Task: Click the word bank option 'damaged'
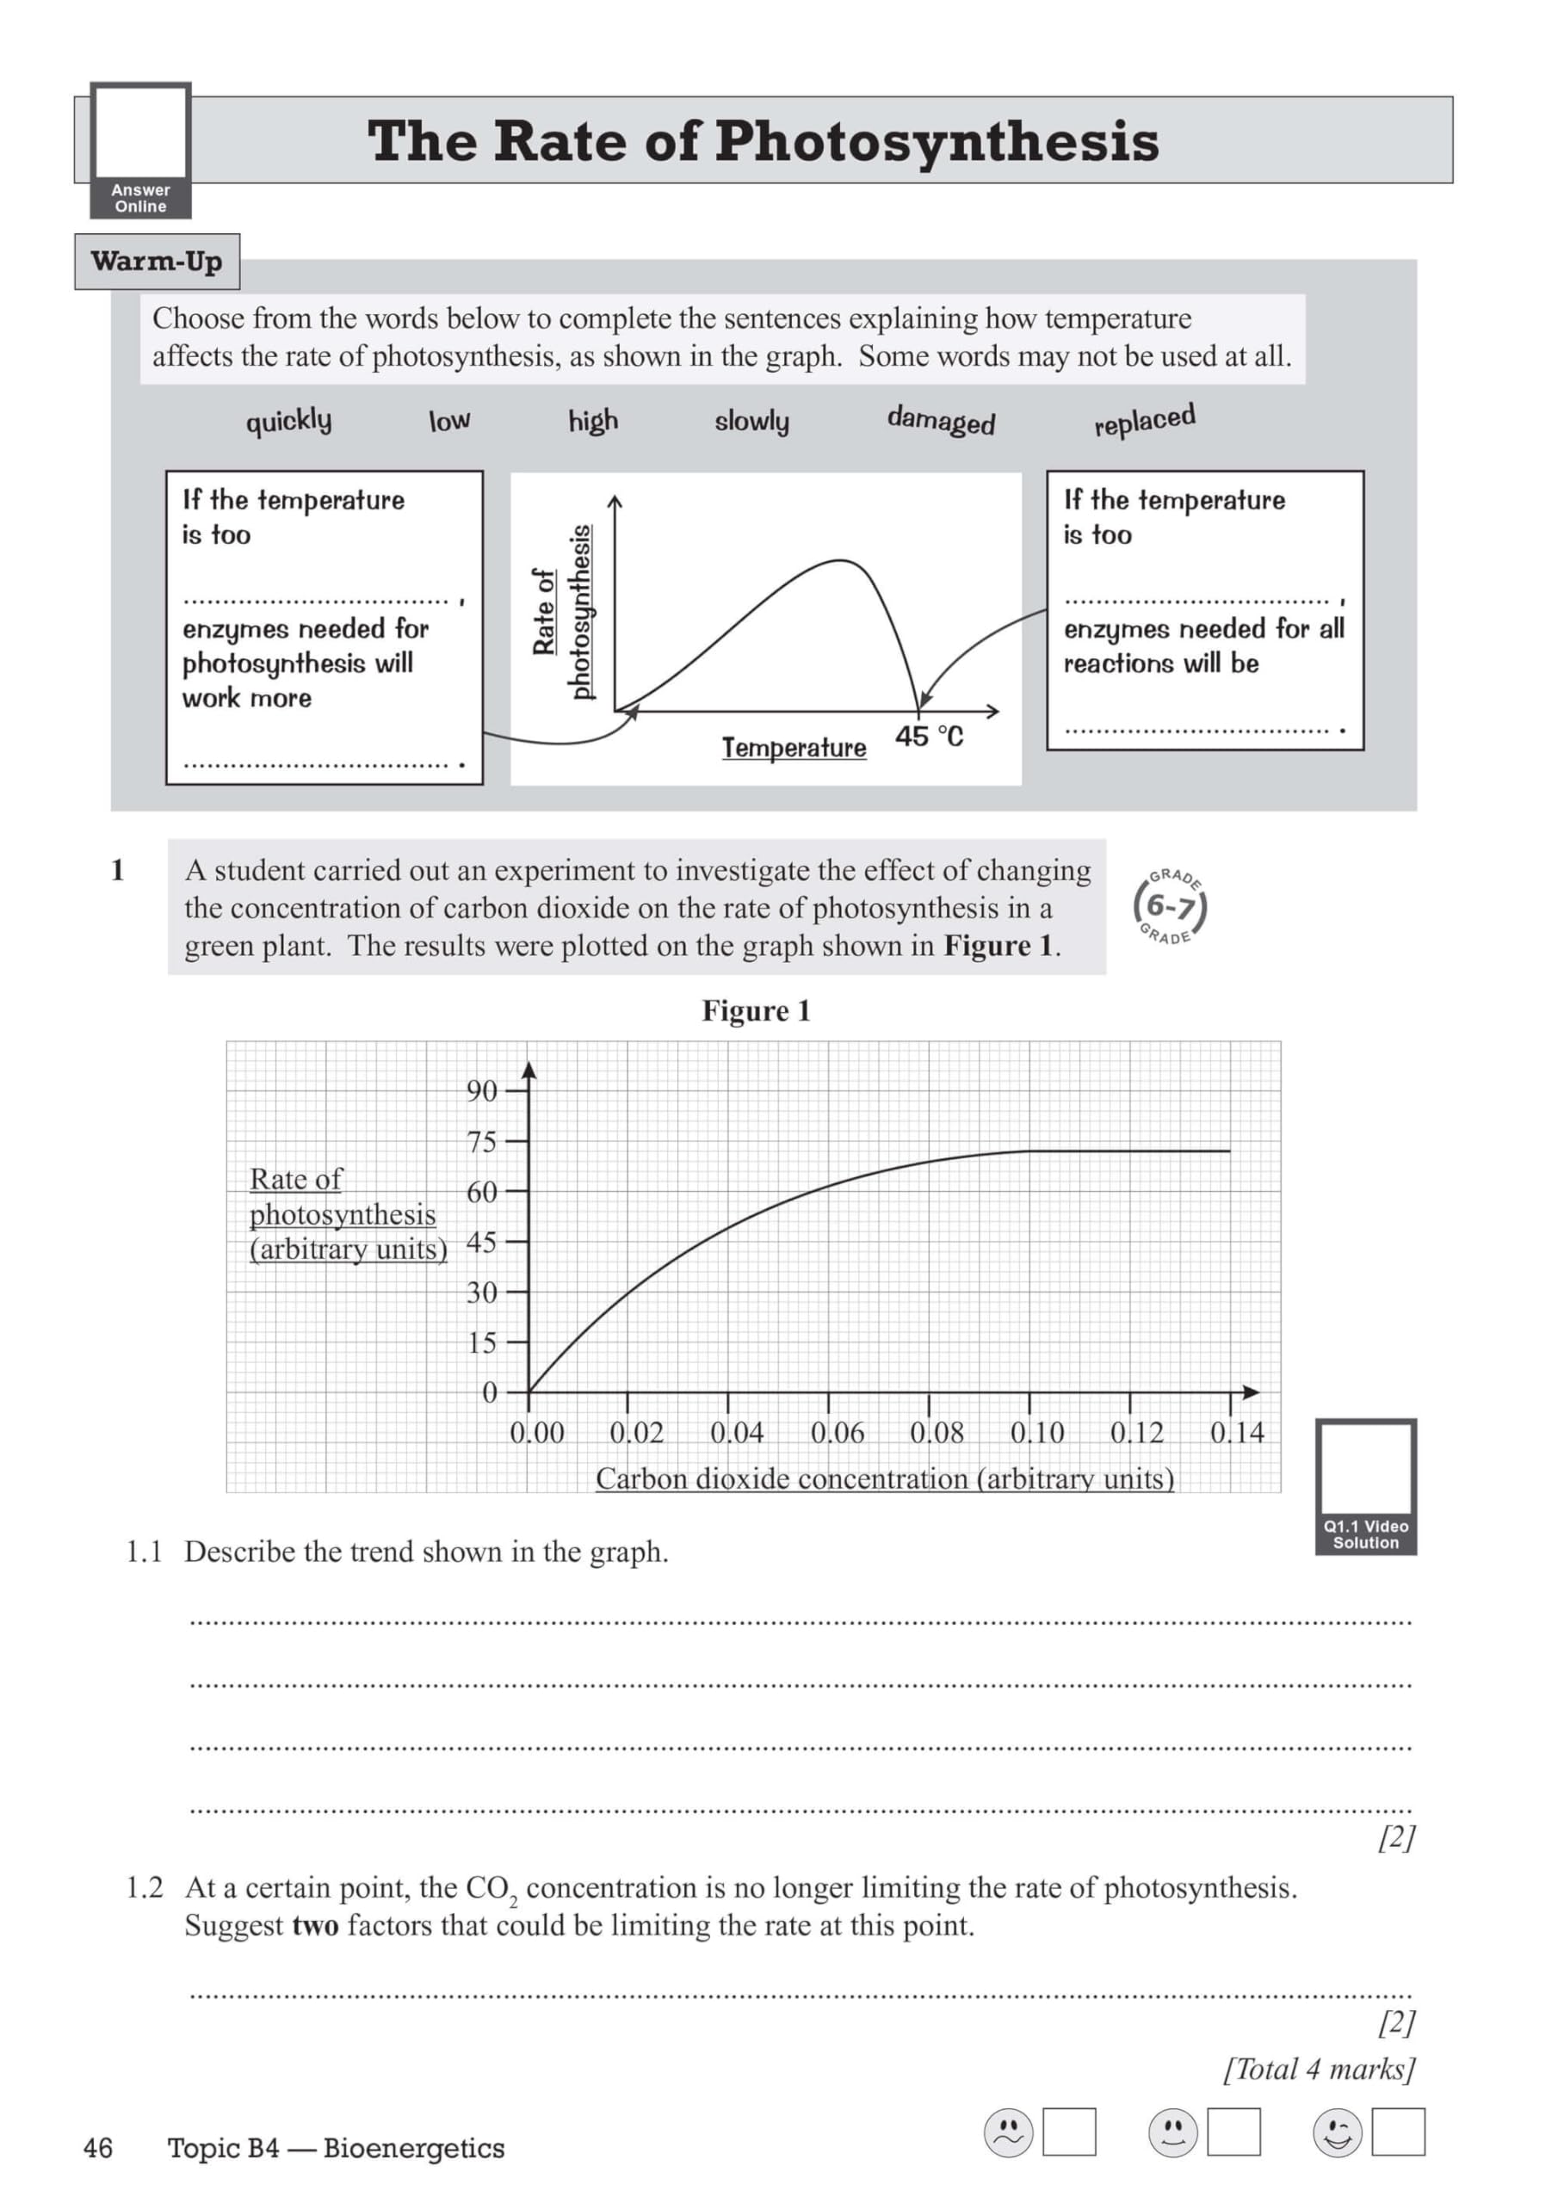[x=940, y=420]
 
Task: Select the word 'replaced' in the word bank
[x=1144, y=420]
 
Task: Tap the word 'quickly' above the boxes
[x=288, y=420]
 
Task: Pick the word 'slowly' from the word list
[x=751, y=420]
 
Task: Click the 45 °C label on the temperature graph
[x=928, y=736]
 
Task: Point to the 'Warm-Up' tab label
[x=157, y=261]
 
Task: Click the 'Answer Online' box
[x=141, y=150]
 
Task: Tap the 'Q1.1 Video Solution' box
[x=1365, y=1486]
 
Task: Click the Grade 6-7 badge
[x=1169, y=906]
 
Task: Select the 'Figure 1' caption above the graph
[x=756, y=1010]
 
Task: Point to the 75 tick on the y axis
[x=482, y=1142]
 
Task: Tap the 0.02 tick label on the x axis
[x=636, y=1433]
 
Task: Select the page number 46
[x=98, y=2147]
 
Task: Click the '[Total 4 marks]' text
[x=1319, y=2069]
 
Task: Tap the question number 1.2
[x=144, y=1887]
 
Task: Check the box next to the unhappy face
[x=1068, y=2132]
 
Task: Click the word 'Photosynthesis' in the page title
[x=936, y=141]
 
